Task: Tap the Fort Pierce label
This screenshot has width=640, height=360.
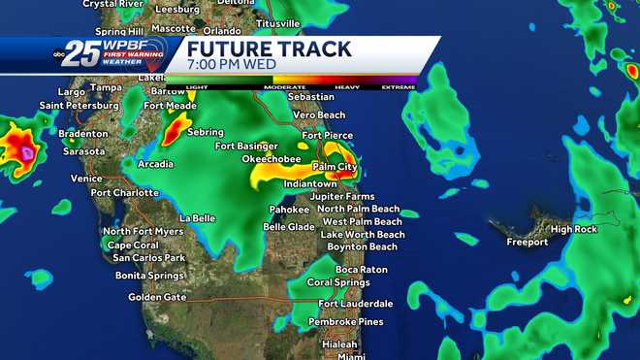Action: point(325,136)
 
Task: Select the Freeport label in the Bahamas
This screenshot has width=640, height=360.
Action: point(528,242)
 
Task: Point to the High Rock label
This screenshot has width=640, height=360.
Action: point(574,230)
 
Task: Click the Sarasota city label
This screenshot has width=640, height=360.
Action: point(83,151)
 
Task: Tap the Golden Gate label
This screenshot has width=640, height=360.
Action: point(157,297)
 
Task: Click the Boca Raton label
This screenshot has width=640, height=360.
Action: point(361,270)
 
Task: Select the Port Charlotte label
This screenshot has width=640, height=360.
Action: point(125,192)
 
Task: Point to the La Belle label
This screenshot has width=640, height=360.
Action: point(197,217)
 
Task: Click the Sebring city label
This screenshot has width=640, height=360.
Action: point(205,132)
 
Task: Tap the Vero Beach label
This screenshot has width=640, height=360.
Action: point(318,115)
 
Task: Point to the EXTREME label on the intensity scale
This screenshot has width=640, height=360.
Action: point(399,87)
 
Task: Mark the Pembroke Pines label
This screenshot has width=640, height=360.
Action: point(344,322)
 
